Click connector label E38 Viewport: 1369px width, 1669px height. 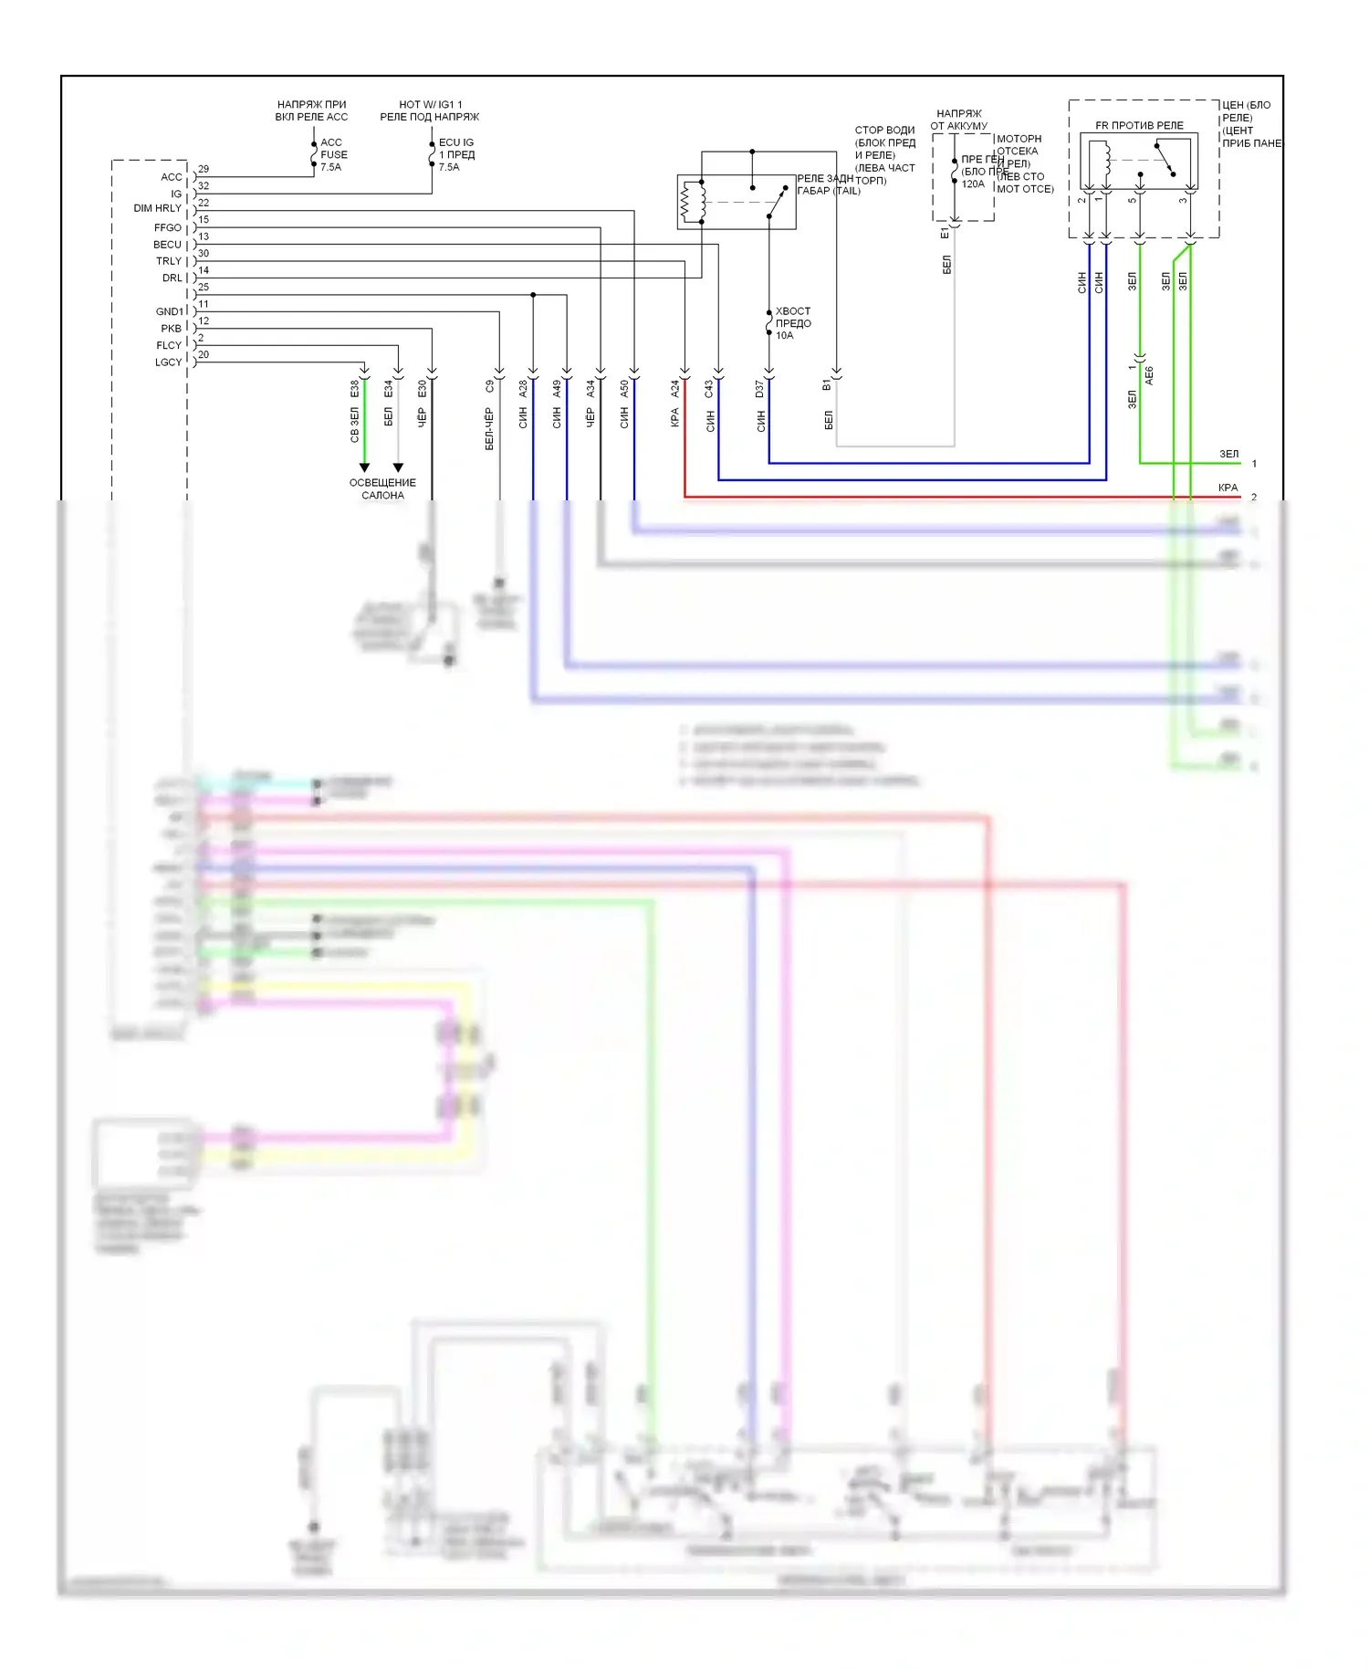click(355, 389)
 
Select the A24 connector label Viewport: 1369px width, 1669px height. click(675, 389)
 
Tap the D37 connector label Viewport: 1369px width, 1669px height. click(759, 390)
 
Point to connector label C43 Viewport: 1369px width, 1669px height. click(709, 389)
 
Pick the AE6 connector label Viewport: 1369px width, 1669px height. click(1149, 375)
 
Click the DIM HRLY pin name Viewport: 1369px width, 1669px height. click(157, 208)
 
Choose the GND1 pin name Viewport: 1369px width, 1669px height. click(169, 311)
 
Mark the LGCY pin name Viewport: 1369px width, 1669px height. click(168, 362)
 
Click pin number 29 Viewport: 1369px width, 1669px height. click(204, 169)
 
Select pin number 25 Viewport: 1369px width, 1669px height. click(204, 287)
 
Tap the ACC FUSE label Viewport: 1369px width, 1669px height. click(333, 154)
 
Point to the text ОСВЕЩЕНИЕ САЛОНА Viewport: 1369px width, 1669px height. click(382, 488)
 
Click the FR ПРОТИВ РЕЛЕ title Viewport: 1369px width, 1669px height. click(1139, 125)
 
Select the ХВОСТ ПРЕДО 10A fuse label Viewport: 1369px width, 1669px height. click(792, 323)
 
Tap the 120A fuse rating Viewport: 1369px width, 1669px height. click(973, 184)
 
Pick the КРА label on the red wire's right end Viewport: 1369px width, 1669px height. click(1228, 488)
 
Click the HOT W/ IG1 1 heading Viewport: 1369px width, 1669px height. click(430, 104)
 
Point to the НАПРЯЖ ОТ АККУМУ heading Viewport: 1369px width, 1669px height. click(958, 120)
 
